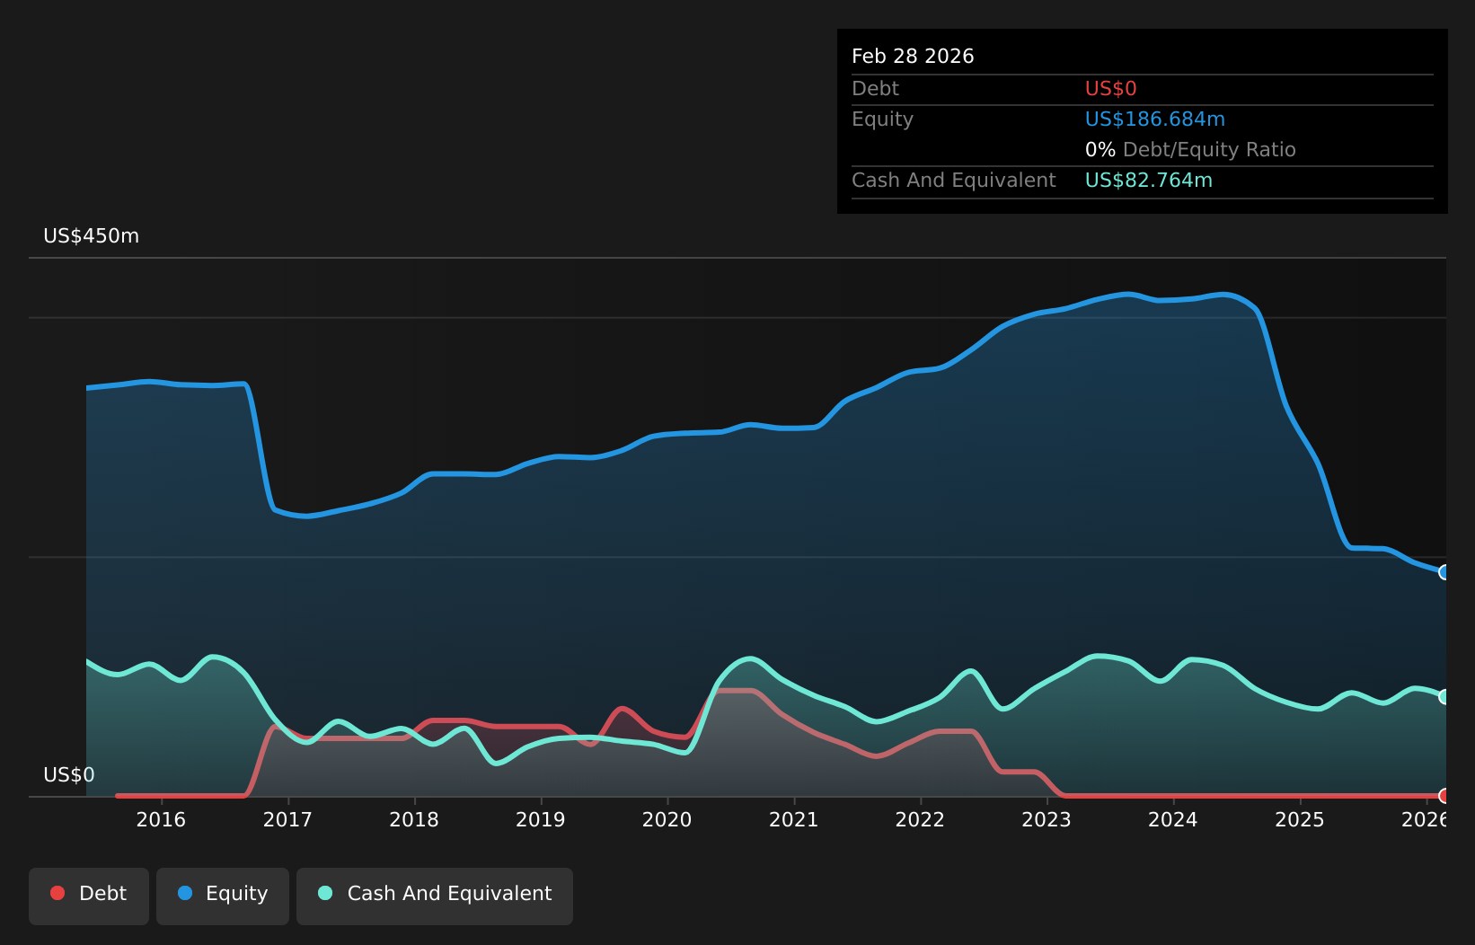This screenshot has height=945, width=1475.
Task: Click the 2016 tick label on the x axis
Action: [161, 819]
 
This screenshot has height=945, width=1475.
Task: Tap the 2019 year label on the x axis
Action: [541, 819]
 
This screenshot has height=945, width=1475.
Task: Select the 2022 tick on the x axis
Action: [920, 819]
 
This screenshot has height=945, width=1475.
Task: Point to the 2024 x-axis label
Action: [1173, 819]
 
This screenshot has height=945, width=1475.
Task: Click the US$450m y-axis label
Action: [91, 236]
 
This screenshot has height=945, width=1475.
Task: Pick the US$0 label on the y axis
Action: [68, 775]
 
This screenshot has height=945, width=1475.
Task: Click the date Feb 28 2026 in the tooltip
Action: [913, 57]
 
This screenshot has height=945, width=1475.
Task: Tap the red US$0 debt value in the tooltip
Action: [1110, 89]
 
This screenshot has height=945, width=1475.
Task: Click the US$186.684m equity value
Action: [1154, 119]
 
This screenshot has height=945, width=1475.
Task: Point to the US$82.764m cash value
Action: [1148, 181]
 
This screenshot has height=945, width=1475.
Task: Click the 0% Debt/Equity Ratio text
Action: [1190, 150]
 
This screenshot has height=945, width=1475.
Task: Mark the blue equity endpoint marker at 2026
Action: [1444, 572]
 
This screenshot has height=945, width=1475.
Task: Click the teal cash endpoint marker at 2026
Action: [1444, 697]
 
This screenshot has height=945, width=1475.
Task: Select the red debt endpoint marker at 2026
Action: [1444, 796]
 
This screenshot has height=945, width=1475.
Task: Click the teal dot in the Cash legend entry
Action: [325, 893]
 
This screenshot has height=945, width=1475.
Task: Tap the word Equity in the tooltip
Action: [882, 119]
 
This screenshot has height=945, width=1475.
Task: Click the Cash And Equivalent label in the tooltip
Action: [953, 181]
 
